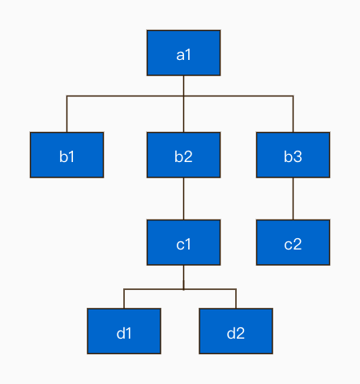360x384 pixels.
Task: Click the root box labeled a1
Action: point(183,53)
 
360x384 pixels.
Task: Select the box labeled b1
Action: point(66,155)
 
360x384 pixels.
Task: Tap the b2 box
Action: point(183,155)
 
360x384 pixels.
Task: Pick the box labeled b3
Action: point(293,155)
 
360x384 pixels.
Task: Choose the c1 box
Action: point(183,242)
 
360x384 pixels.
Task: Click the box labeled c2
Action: point(293,242)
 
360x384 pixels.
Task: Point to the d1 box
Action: point(124,331)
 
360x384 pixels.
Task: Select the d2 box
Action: point(236,331)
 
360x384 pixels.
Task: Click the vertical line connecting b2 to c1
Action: point(183,198)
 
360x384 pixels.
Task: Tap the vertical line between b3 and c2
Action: point(293,198)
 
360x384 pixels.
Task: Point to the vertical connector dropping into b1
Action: point(66,114)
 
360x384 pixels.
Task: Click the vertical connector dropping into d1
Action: point(124,299)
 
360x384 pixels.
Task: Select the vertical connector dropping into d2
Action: point(236,299)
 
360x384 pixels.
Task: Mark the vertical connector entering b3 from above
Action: point(293,114)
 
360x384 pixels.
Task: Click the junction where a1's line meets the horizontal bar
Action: point(183,96)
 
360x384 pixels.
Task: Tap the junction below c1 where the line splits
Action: point(183,289)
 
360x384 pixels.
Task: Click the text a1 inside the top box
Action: point(183,55)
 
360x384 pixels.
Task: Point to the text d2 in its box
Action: point(236,333)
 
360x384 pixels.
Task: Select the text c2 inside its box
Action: point(293,245)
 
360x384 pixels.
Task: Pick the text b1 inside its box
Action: point(66,156)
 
